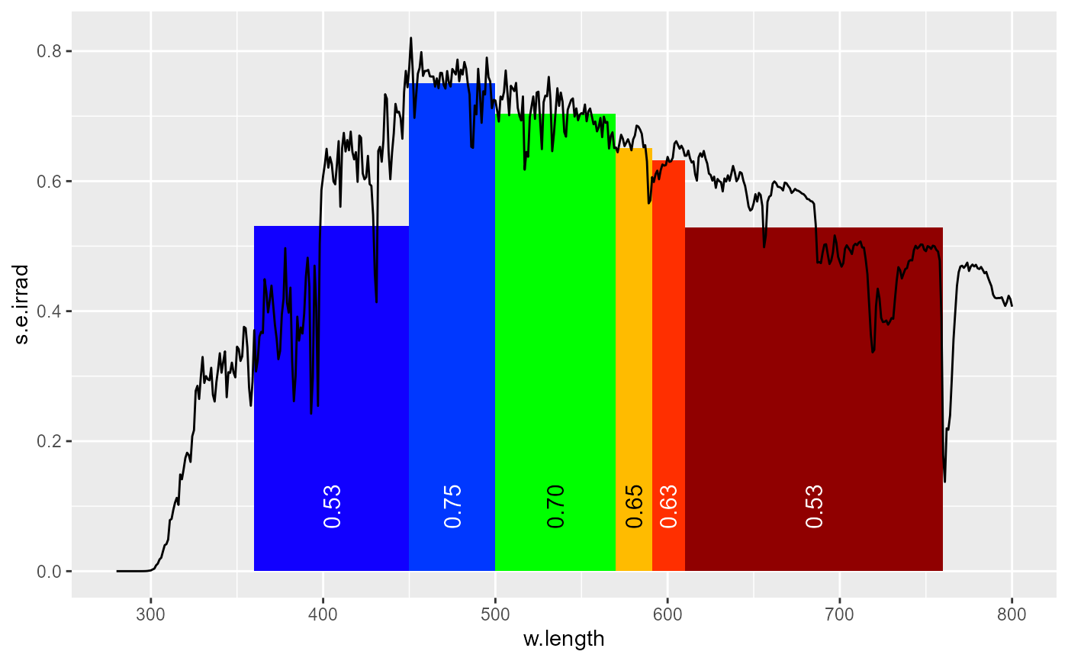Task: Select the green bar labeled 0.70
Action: pos(555,343)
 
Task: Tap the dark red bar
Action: pos(814,397)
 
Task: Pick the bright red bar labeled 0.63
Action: pos(668,366)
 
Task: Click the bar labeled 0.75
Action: pos(452,328)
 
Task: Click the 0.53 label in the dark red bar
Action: pos(814,506)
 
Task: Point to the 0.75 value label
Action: pos(452,506)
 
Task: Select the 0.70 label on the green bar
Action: pos(555,506)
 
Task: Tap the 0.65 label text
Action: pos(634,506)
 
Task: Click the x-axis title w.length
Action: pos(564,639)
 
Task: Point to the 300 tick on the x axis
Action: pos(150,612)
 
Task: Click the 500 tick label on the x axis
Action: pos(495,612)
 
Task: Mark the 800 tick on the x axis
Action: pos(1012,612)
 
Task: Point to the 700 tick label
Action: pos(839,612)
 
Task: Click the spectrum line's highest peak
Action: pos(410,38)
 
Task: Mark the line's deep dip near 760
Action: pos(944,481)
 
